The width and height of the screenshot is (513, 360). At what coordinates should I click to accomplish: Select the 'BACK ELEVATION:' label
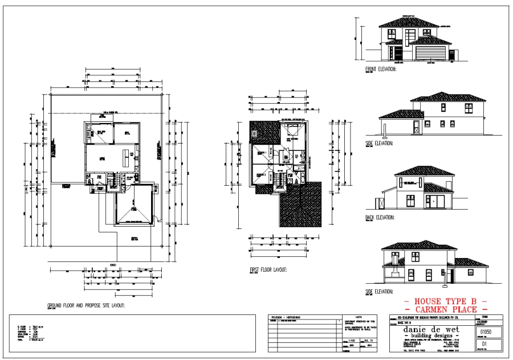[x=380, y=217]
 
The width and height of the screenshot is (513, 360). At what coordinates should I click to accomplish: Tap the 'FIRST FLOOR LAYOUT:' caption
[x=268, y=270]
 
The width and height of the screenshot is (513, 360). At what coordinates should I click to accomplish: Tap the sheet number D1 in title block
[x=487, y=345]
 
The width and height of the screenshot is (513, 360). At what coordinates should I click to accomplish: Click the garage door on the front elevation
[x=430, y=54]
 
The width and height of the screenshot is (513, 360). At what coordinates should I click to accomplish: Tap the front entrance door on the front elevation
[x=397, y=54]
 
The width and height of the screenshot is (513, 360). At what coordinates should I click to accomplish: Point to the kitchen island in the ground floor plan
[x=127, y=154]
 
